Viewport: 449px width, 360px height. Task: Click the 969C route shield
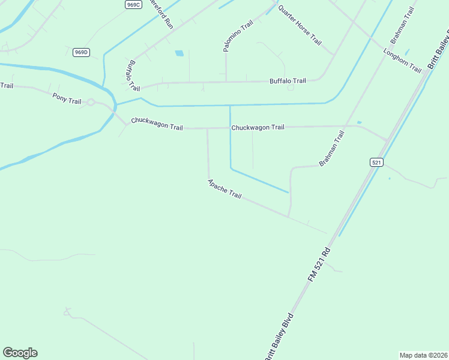point(133,4)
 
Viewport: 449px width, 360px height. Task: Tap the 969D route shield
point(81,52)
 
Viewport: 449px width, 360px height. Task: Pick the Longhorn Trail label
point(403,61)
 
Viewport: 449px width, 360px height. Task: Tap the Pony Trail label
point(67,98)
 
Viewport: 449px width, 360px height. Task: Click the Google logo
point(20,353)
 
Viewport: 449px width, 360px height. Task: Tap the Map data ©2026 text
point(423,355)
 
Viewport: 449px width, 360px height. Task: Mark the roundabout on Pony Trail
point(91,103)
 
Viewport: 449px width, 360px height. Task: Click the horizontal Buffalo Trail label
point(288,80)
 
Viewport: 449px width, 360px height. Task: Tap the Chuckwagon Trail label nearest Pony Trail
point(156,127)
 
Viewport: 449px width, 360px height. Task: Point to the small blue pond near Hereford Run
point(179,53)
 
